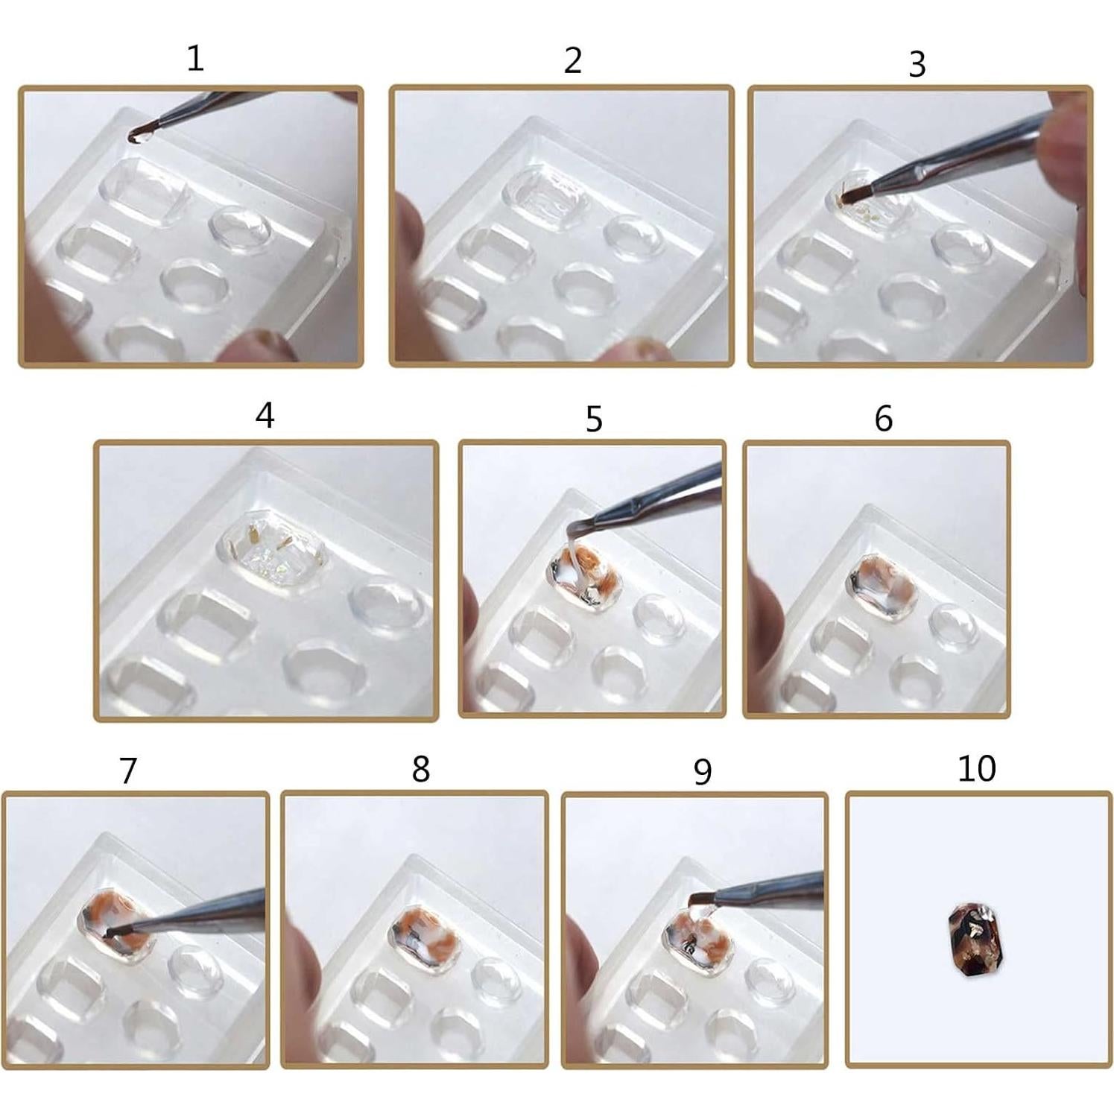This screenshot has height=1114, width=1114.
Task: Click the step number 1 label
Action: coord(195,58)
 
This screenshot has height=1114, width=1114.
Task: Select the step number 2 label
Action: coord(572,60)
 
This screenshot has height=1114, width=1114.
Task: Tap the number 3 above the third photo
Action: coord(917,65)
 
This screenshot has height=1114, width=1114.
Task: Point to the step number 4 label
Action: coord(265,415)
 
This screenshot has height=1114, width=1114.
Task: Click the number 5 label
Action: coord(593,420)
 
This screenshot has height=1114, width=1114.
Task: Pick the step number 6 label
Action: coord(883,419)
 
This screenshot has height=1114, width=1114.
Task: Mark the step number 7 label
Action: coord(128,770)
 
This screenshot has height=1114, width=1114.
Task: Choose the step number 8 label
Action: coord(421,769)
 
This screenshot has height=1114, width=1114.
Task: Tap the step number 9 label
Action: coord(702,772)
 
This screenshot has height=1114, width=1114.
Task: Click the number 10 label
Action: coord(976,768)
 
